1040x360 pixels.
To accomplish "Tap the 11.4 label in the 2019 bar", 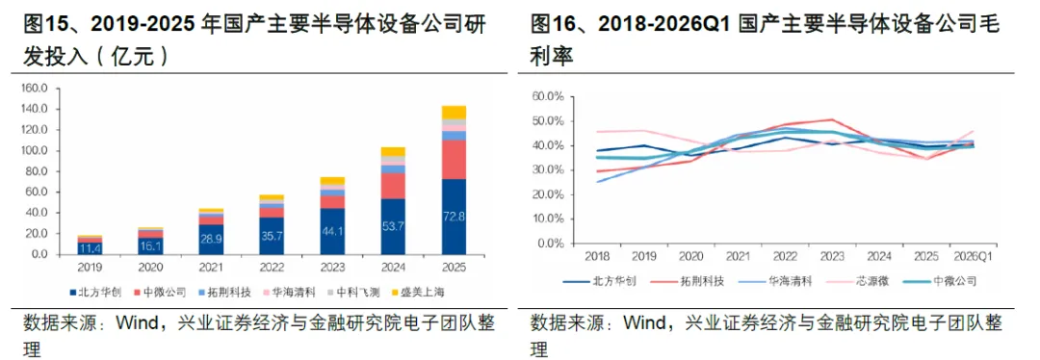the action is (90, 249).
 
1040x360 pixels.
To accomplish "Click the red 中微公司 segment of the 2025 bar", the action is (455, 160).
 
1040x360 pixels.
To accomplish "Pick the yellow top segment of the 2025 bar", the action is (455, 112).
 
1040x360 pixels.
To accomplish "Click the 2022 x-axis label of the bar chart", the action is (272, 268).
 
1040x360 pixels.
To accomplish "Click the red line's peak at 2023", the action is (832, 120).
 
